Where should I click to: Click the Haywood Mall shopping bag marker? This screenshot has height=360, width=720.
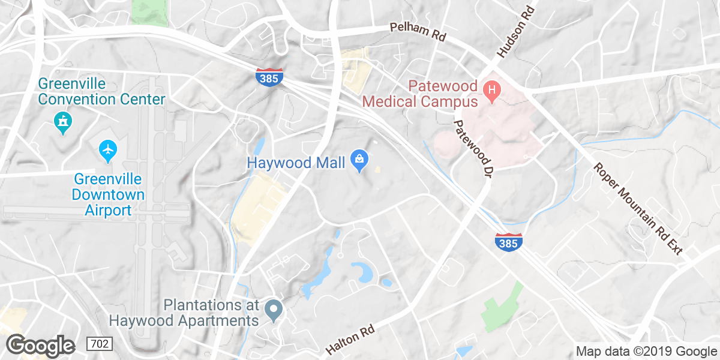pyautogui.click(x=359, y=160)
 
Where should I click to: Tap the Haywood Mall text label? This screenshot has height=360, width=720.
pyautogui.click(x=296, y=163)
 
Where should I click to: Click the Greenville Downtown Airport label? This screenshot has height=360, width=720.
pyautogui.click(x=108, y=194)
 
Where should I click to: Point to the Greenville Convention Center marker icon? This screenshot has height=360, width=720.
pyautogui.click(x=62, y=122)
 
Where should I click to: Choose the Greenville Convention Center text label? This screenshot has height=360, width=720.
pyautogui.click(x=101, y=91)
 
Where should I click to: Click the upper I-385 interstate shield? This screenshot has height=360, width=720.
pyautogui.click(x=269, y=76)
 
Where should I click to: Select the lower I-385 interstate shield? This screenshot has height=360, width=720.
pyautogui.click(x=508, y=242)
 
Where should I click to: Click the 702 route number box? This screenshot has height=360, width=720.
pyautogui.click(x=99, y=344)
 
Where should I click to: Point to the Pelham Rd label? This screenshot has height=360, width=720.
pyautogui.click(x=418, y=32)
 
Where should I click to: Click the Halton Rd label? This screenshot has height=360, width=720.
pyautogui.click(x=350, y=340)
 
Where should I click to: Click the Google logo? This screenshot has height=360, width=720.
pyautogui.click(x=40, y=346)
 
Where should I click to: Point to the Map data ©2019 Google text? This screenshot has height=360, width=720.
pyautogui.click(x=646, y=352)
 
